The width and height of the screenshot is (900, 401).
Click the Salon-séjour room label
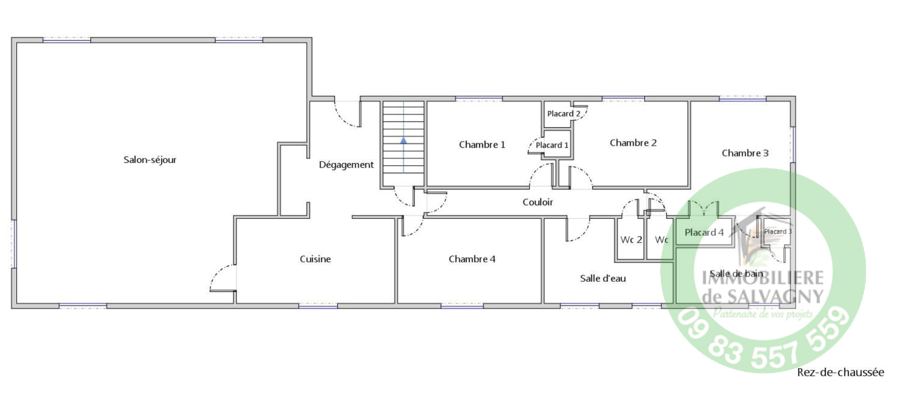(x=150, y=160)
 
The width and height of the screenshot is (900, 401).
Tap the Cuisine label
(x=315, y=259)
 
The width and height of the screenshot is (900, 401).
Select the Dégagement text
(x=346, y=165)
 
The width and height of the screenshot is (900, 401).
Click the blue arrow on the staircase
(x=403, y=140)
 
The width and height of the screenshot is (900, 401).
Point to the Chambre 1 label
(x=482, y=145)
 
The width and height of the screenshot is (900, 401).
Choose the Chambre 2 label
(x=633, y=143)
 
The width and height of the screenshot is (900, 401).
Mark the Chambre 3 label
(x=745, y=153)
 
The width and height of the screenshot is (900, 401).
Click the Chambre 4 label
(x=472, y=259)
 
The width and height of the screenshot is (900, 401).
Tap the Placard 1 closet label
(x=552, y=145)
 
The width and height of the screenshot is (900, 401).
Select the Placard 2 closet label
(x=564, y=114)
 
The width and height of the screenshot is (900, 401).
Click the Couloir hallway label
(x=538, y=202)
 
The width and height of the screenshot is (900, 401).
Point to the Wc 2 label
(x=631, y=239)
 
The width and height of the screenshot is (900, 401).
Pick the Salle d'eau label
(x=603, y=278)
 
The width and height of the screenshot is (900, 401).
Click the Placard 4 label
(x=704, y=232)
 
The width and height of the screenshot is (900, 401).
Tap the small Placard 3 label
(x=778, y=231)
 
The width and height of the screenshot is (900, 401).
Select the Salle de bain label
(x=736, y=274)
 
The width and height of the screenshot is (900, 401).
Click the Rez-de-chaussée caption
(x=840, y=372)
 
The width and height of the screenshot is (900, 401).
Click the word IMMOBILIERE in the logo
(x=763, y=277)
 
